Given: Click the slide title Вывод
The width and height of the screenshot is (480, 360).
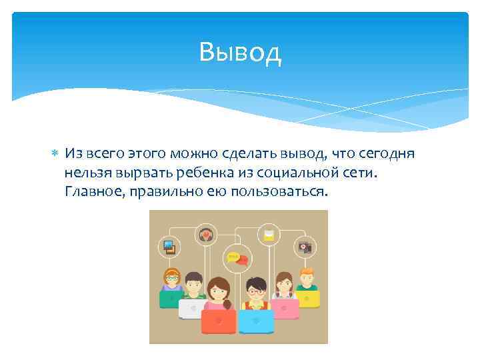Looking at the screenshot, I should pos(240,52).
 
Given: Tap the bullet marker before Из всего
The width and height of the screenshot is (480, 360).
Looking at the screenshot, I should pos(55,154).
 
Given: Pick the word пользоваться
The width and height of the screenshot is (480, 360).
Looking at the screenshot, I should pos(281,192).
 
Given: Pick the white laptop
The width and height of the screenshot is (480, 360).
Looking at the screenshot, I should pos(193,307).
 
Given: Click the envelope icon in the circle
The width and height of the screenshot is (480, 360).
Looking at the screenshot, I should pos(269,235).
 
